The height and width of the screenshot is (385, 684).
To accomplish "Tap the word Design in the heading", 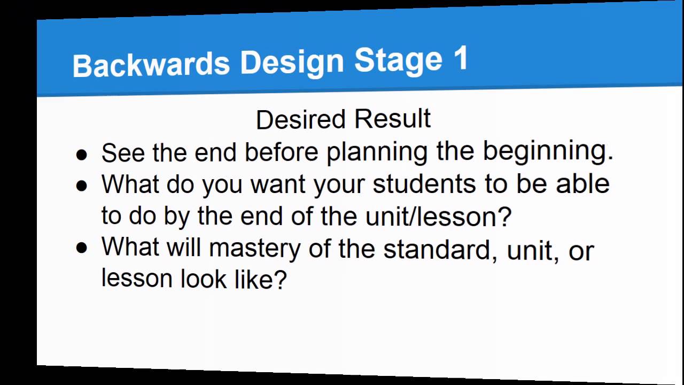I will point(292,62).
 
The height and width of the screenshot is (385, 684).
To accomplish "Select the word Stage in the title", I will point(398,60).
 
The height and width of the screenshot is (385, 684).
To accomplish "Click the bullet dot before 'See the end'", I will point(81,155).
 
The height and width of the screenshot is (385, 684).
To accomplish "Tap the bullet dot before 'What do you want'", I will point(81,186).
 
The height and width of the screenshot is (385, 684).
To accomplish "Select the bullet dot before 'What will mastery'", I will point(81,248).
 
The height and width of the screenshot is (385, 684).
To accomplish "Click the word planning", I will point(377,152).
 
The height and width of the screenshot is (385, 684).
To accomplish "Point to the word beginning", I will point(548,151).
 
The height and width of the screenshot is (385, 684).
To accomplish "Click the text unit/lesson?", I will point(438,217).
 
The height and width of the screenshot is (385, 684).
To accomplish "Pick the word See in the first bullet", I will point(123,153).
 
